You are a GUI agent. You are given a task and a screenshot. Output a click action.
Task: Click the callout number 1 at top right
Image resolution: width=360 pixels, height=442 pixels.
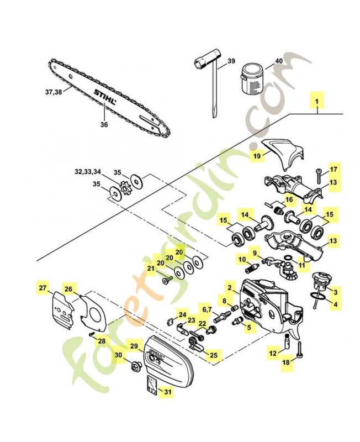[317, 102]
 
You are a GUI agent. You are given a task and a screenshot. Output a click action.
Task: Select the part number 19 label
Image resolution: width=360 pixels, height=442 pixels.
[256, 156]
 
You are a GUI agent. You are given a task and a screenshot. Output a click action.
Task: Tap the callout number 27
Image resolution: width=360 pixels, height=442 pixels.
[43, 288]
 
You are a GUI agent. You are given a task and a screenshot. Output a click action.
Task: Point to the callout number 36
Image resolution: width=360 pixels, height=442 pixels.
[104, 125]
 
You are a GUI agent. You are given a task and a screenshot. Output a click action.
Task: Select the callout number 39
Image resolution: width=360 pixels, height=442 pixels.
[231, 61]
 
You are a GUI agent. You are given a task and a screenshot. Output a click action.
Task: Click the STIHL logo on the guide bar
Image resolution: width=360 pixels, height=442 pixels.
[105, 98]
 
